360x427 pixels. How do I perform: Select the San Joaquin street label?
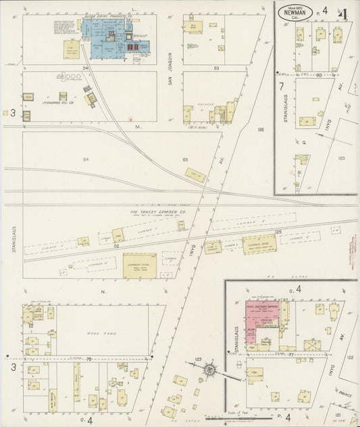[x=172, y=64]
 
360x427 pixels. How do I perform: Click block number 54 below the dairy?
[x=86, y=68]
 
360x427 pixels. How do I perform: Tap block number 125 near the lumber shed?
[x=277, y=232]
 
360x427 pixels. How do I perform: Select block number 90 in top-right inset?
[x=319, y=75]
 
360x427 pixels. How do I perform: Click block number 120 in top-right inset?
[x=341, y=157]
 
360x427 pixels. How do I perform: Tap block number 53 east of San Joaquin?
[x=216, y=68]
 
